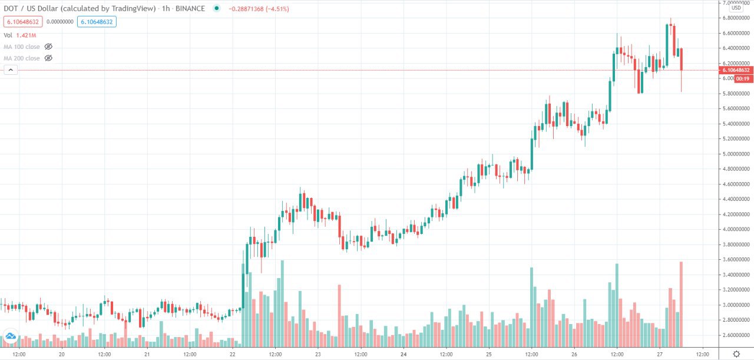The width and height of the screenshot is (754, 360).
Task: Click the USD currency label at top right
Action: tap(736, 8)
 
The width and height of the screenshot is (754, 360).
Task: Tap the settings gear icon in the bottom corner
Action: tap(736, 354)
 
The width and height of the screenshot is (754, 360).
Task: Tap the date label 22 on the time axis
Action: tap(233, 355)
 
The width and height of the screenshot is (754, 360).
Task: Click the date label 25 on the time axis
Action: tap(489, 355)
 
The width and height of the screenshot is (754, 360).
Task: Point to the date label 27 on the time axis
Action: tap(660, 355)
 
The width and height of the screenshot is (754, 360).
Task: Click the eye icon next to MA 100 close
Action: tap(48, 46)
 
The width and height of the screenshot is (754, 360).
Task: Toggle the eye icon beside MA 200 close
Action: tap(48, 58)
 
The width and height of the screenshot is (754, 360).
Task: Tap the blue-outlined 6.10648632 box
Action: tap(96, 22)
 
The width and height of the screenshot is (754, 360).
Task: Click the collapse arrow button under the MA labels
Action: tap(11, 70)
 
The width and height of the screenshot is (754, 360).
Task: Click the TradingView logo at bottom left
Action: tap(11, 338)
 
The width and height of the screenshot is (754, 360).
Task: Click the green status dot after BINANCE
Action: tap(217, 9)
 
